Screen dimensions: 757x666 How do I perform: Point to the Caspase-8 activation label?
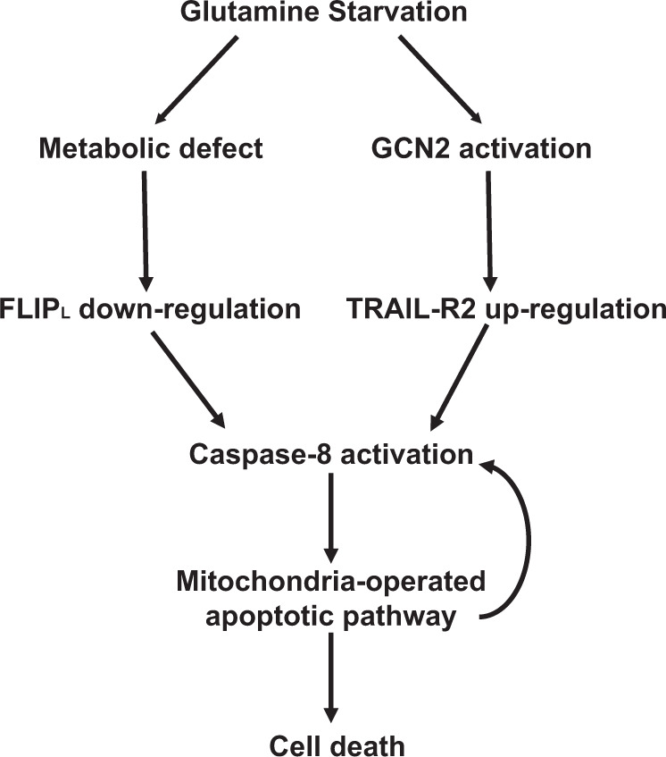331,454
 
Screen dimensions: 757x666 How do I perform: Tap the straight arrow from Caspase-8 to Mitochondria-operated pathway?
331,518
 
